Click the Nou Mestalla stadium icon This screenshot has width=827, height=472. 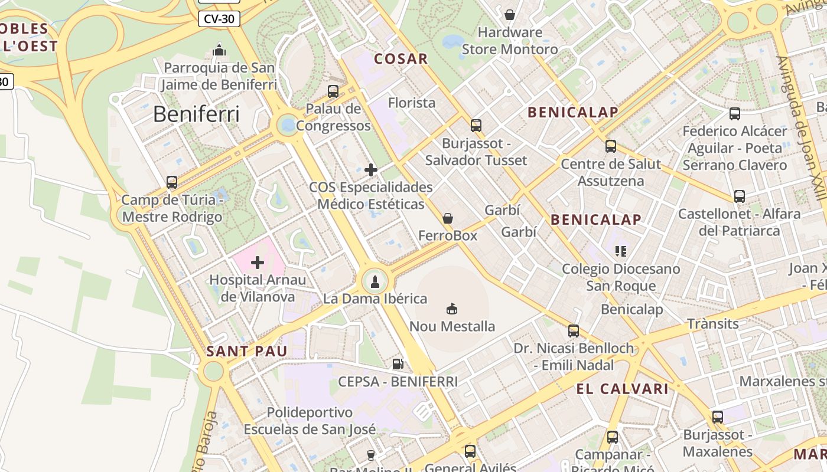[452, 308]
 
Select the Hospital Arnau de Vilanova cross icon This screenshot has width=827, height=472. [258, 262]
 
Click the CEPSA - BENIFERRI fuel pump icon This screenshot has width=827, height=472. [398, 364]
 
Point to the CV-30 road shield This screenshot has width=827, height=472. [219, 19]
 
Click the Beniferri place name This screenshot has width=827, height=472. [196, 114]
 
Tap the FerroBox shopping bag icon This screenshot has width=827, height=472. [448, 218]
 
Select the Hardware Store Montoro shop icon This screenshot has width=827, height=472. [509, 14]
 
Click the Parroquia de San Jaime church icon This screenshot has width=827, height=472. [219, 50]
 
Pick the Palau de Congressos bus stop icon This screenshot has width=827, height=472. [333, 91]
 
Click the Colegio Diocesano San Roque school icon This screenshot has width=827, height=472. [620, 251]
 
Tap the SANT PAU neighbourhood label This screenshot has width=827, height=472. [246, 352]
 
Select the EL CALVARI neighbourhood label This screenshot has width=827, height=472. [622, 389]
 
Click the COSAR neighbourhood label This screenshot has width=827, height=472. [401, 58]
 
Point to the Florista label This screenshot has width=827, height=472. [412, 103]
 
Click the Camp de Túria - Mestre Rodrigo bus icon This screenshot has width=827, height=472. [172, 182]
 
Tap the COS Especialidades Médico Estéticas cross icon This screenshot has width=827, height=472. [371, 170]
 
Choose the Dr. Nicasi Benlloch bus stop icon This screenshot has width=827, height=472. [573, 331]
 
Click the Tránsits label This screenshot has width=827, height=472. [713, 324]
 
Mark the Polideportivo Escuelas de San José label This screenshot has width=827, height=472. [310, 421]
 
